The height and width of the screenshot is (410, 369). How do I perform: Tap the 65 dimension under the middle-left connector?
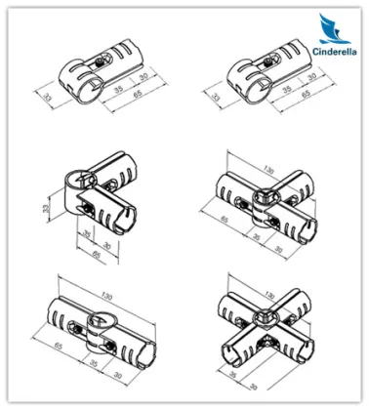[x=96, y=253]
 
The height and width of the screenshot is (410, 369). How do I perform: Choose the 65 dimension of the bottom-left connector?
[x=61, y=347]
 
